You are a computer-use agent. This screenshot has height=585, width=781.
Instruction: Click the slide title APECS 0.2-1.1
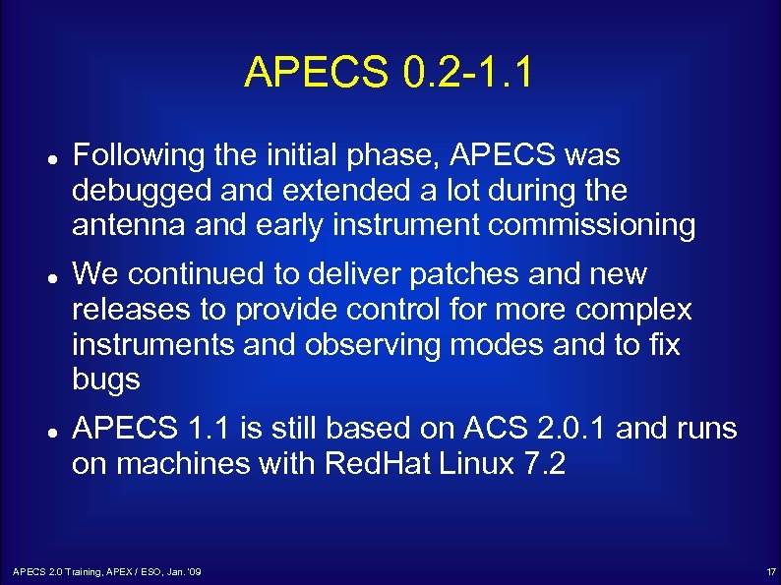coord(389,72)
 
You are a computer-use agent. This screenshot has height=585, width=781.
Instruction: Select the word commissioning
coord(591,225)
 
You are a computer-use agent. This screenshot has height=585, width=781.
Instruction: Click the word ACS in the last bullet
coord(495,430)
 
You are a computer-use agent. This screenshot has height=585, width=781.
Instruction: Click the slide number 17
coord(770,571)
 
